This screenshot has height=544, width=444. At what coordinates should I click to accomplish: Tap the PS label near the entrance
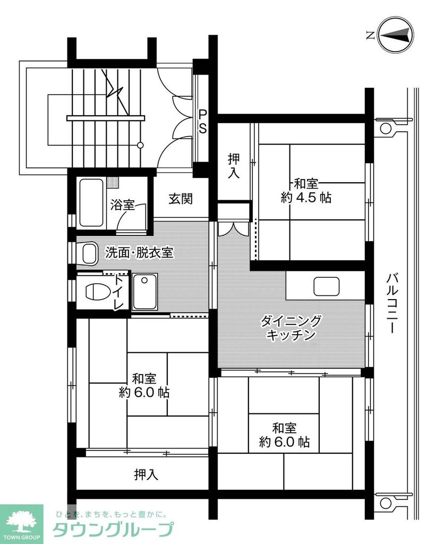[203, 122]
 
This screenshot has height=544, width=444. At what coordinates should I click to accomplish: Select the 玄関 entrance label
[181, 199]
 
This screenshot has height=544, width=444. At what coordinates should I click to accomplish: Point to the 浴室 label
[123, 206]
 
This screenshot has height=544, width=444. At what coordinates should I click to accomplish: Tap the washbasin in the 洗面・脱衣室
[88, 253]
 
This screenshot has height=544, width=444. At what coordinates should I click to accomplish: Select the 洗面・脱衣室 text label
[139, 253]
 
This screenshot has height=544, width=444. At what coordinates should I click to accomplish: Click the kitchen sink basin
[326, 286]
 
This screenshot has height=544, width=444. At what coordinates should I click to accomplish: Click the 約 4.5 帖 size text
[306, 198]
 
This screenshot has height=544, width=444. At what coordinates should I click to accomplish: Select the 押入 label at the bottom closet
[146, 474]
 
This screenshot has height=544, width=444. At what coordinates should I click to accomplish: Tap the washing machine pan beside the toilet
[144, 292]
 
